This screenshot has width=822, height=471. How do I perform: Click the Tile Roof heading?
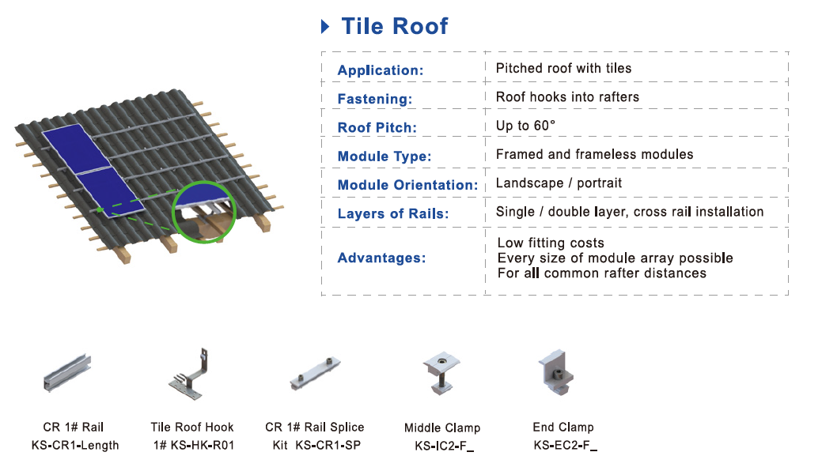pyautogui.click(x=394, y=26)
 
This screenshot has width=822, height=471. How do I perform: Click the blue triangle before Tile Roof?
pyautogui.click(x=324, y=27)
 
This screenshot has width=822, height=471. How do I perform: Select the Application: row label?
pyautogui.click(x=381, y=70)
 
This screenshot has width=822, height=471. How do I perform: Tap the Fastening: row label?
pyautogui.click(x=375, y=100)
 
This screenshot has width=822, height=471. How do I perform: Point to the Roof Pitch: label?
pyautogui.click(x=377, y=128)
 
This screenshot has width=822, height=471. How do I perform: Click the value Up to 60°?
pyautogui.click(x=525, y=126)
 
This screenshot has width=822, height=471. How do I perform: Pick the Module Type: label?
pyautogui.click(x=384, y=156)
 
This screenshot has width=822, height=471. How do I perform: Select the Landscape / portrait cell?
pyautogui.click(x=559, y=183)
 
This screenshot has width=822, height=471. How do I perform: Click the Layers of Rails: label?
pyautogui.click(x=393, y=214)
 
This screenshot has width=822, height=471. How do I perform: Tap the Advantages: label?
pyautogui.click(x=381, y=258)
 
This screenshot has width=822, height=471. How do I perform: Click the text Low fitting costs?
pyautogui.click(x=551, y=243)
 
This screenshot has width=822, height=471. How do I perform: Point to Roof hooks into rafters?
pyautogui.click(x=567, y=97)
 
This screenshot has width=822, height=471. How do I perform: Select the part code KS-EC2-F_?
pyautogui.click(x=565, y=446)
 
